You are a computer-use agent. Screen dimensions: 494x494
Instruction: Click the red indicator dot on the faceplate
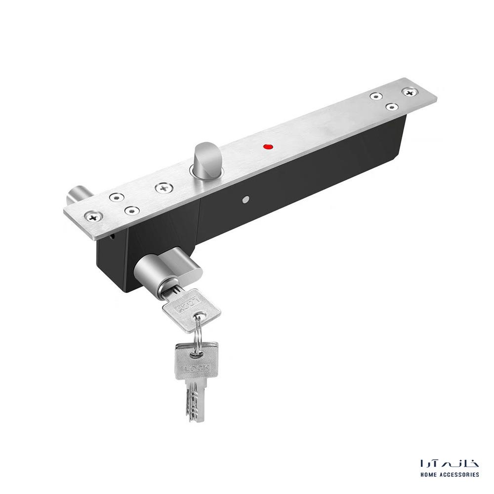tap(268, 147)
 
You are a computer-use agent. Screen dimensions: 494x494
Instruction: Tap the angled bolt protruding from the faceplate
tap(206, 160)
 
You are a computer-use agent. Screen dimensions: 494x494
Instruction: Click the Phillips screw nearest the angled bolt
tap(164, 188)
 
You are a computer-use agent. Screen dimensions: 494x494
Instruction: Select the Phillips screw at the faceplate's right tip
tap(410, 92)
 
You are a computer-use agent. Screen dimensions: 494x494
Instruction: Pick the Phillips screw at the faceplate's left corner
tap(93, 216)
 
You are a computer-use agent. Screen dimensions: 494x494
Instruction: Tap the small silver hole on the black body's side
tap(246, 199)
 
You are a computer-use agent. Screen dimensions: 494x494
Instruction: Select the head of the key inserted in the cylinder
tap(192, 310)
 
